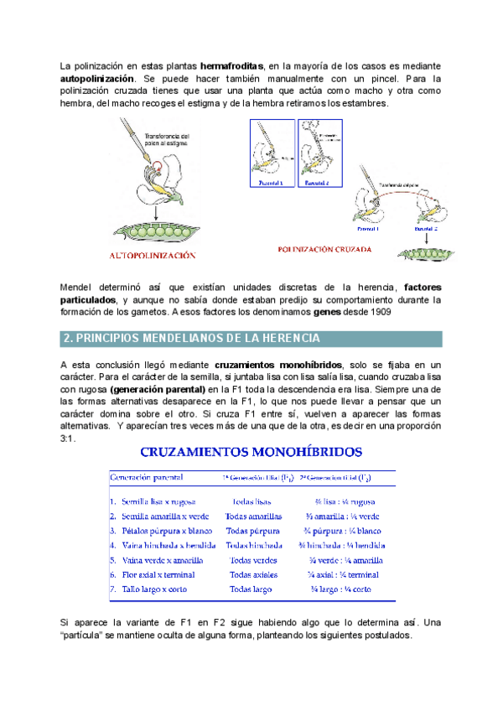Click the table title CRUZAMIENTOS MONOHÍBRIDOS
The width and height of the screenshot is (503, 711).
[251, 451]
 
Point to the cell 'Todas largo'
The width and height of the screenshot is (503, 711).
[251, 589]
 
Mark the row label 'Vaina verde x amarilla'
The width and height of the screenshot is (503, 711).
[163, 560]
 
